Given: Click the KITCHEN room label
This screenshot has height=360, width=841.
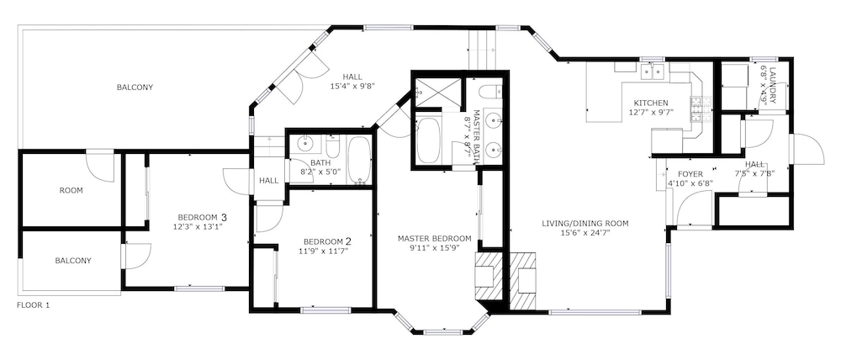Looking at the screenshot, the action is point(651,103).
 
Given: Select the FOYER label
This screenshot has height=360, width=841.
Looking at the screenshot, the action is point(690,174).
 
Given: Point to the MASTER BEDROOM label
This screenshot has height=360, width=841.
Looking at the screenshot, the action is point(435,238).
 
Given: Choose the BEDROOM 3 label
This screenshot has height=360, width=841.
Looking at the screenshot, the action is point(202,217).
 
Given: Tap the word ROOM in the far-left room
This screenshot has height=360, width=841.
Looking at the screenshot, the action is point(71,190).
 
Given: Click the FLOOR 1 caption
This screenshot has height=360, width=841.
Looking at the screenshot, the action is point(34,305).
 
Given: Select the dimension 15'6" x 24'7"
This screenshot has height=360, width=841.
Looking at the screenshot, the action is point(585,233).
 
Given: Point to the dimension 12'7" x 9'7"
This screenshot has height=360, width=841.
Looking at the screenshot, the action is point(651,112).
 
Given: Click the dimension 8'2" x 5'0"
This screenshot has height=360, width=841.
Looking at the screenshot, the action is point(320,172).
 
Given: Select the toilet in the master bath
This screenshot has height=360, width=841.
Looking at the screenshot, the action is point(489,92).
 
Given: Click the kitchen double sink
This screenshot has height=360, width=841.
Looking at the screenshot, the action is point(653,71).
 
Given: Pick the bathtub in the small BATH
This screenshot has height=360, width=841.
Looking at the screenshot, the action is point(359,161).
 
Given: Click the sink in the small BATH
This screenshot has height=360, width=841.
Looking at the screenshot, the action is point(306,143).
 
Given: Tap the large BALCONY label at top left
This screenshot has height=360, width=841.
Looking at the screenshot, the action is point(135,87).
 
